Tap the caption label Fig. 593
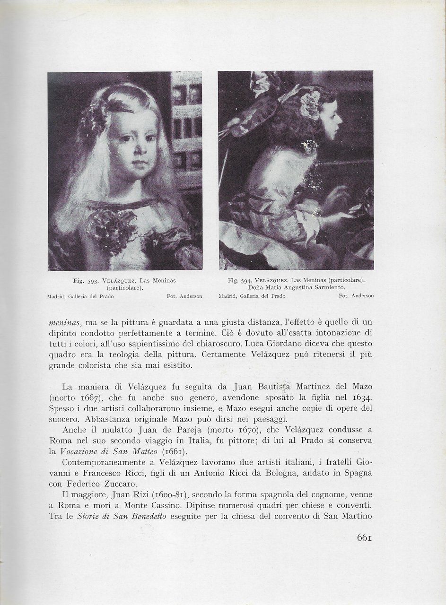85,281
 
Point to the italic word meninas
64,322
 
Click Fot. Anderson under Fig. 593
184,297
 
